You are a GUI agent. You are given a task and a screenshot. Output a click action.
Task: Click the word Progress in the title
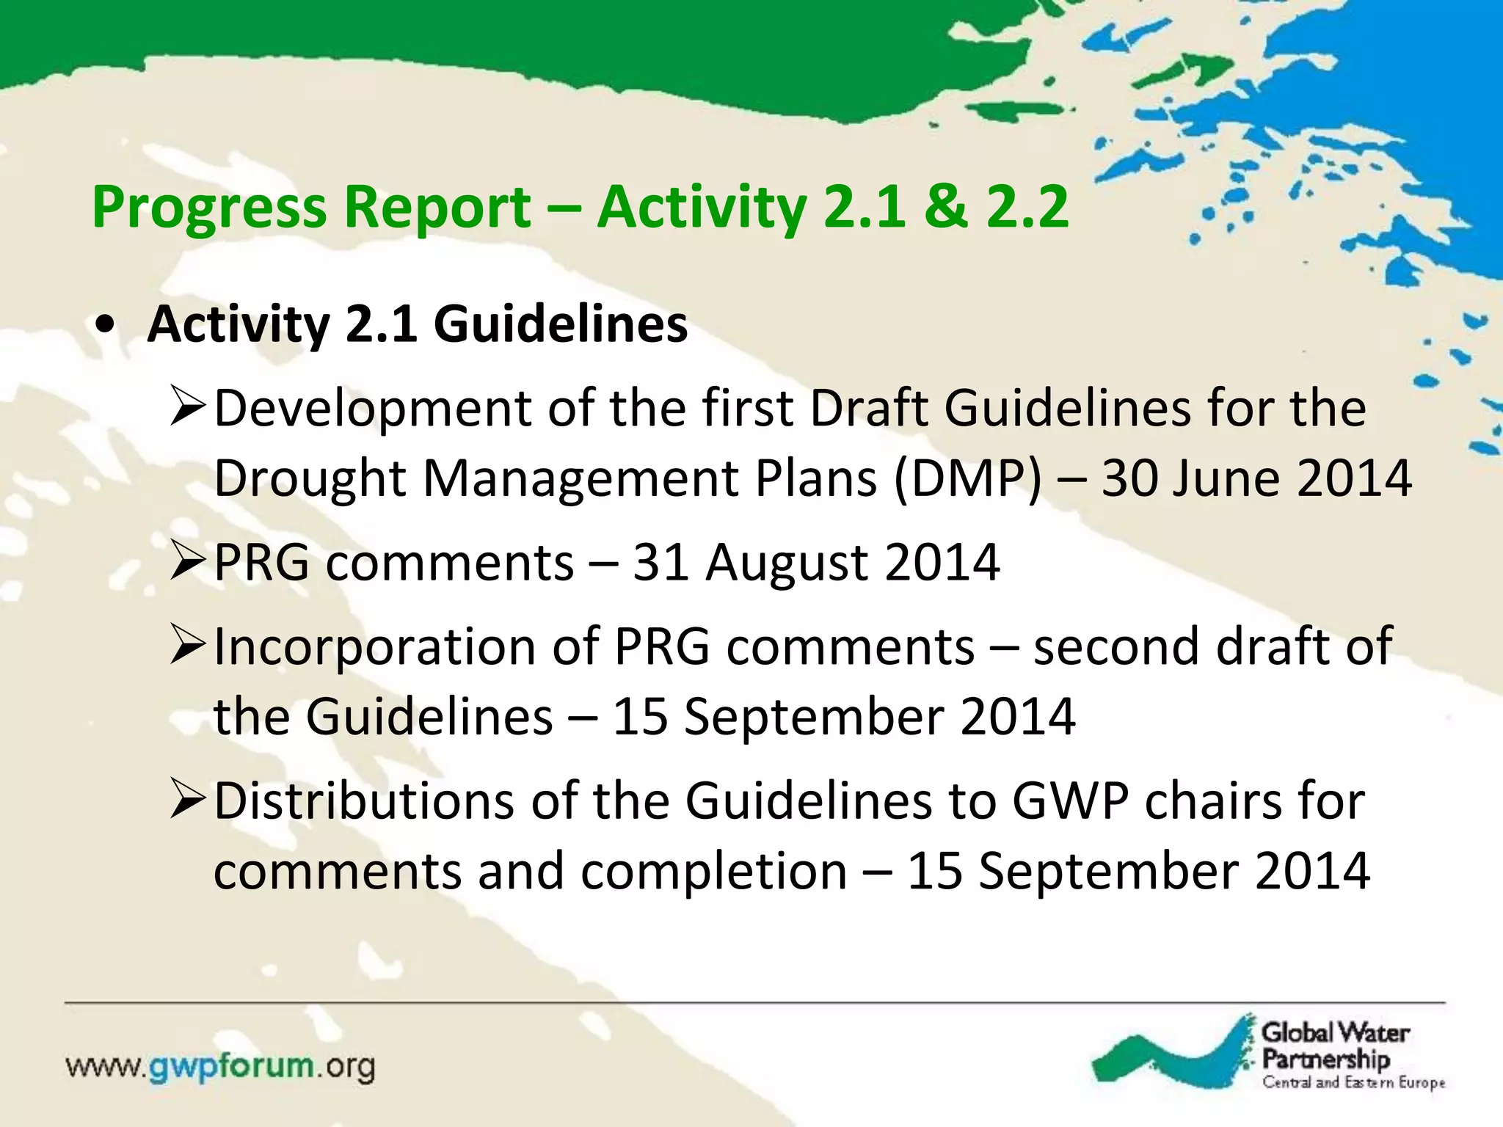(209, 208)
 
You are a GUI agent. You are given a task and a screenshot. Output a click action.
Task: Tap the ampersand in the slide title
(945, 207)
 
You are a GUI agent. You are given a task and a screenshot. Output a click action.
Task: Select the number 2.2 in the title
(1027, 207)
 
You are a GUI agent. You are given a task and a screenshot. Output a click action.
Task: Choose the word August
(787, 563)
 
